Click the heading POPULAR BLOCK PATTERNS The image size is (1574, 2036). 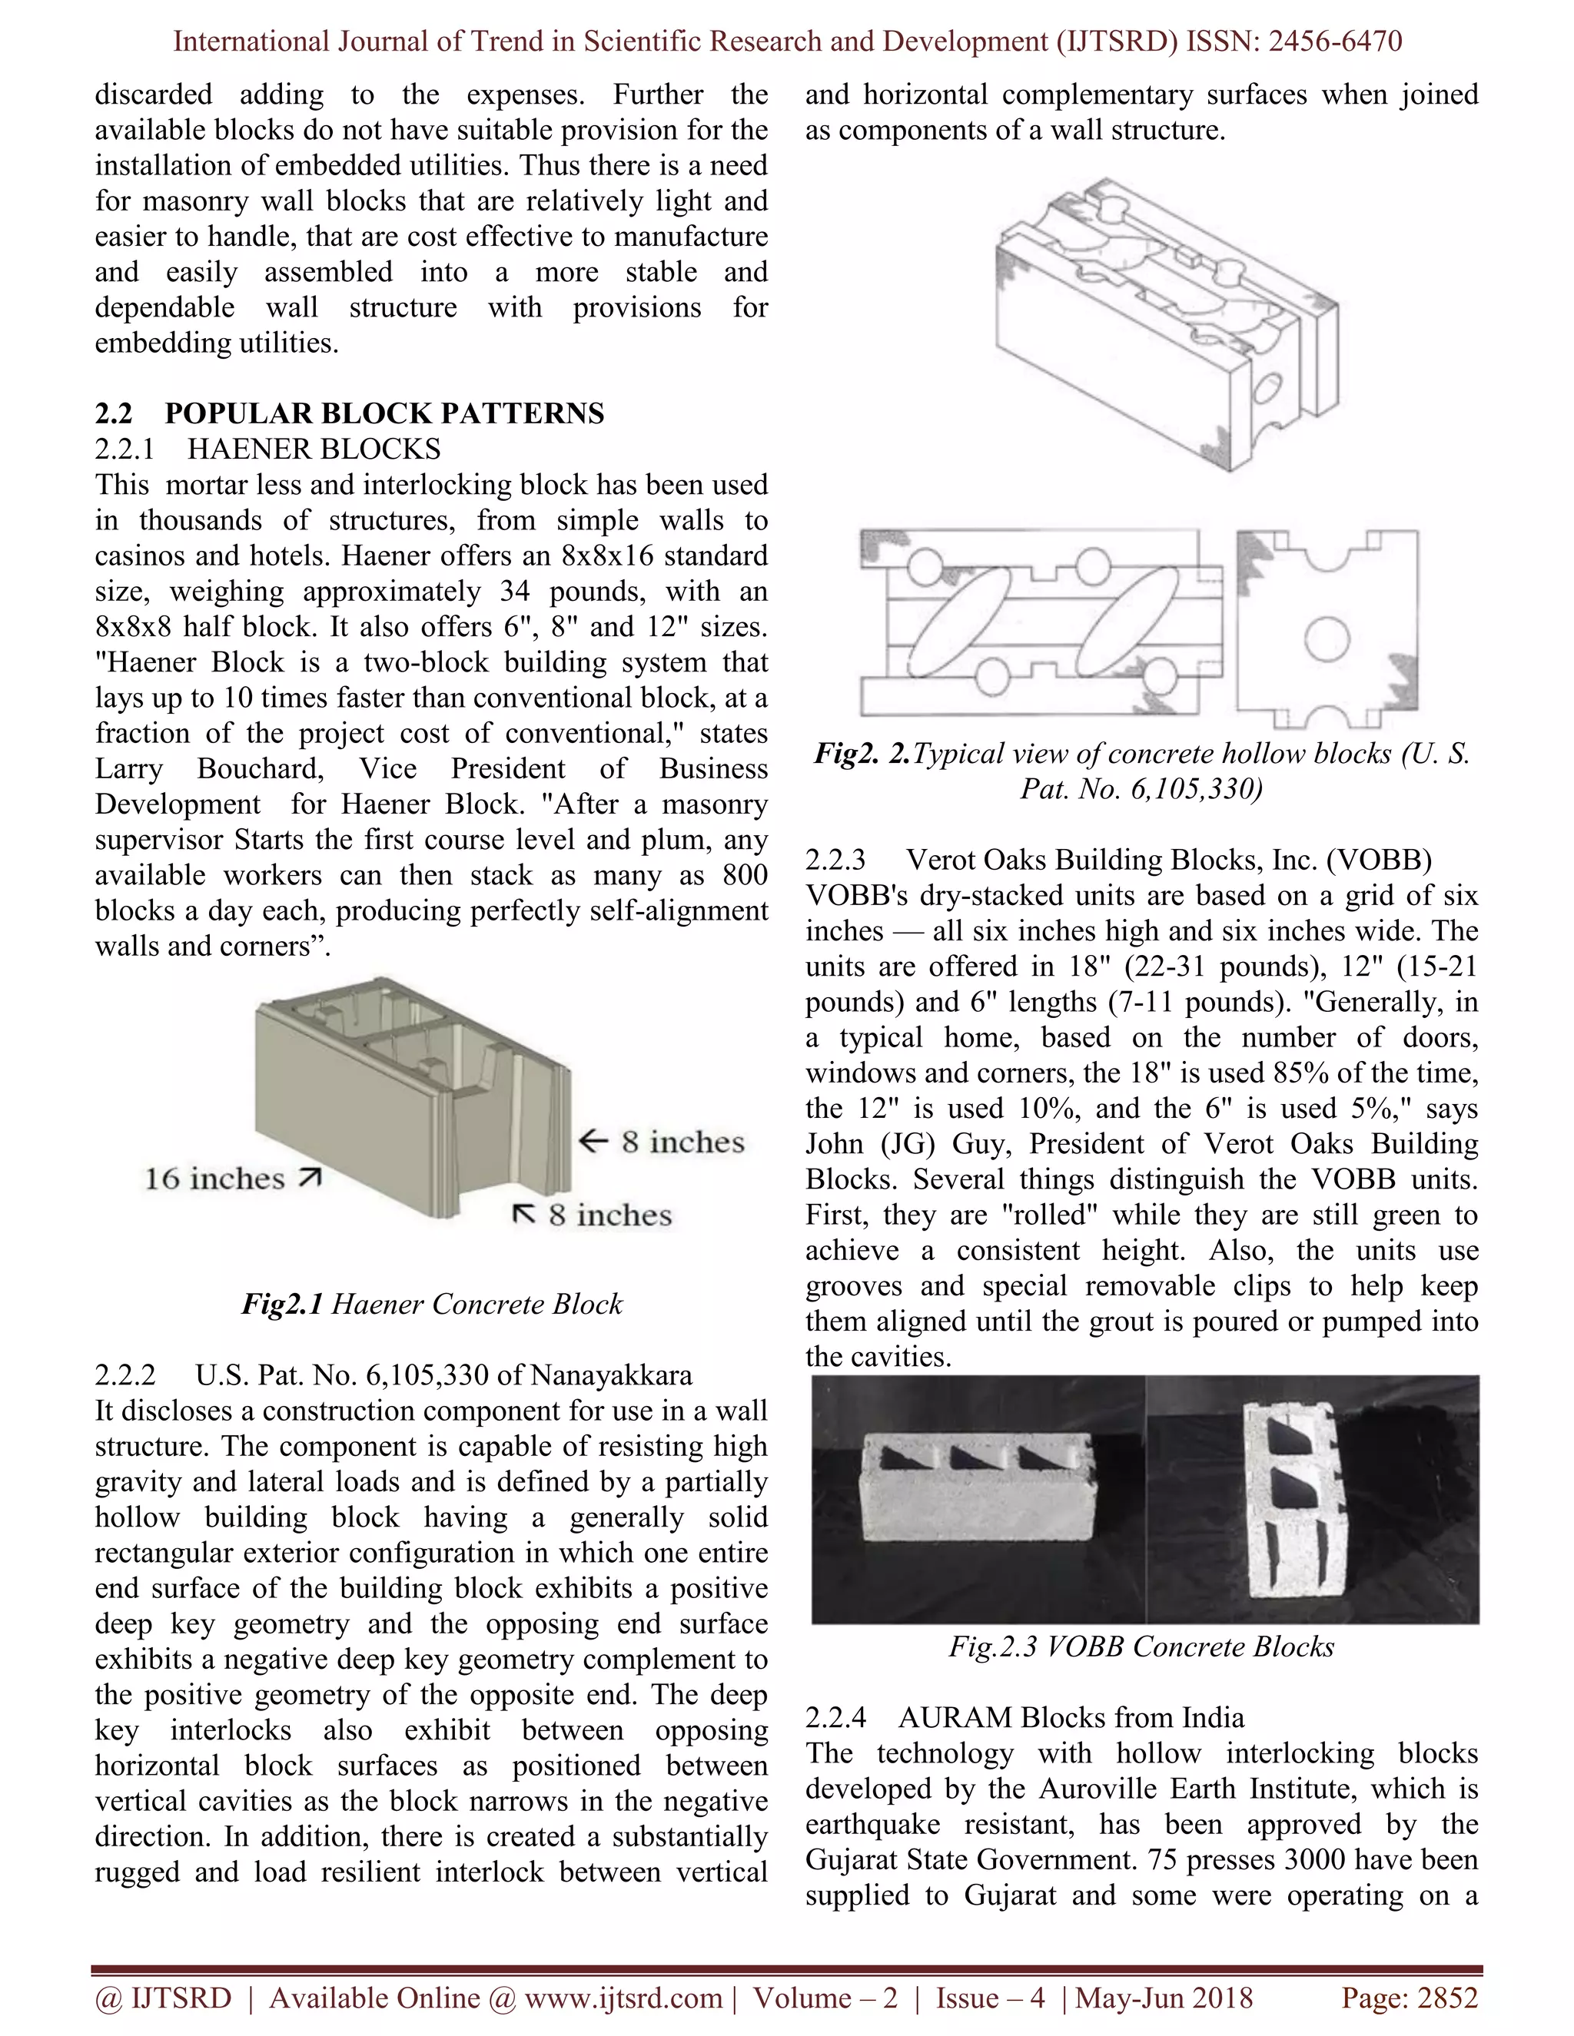[x=384, y=413]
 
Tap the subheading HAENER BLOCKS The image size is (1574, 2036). [x=314, y=449]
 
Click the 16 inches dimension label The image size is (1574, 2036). [x=214, y=1179]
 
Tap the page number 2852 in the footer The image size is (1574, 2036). [x=1446, y=1998]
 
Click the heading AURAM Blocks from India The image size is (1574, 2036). [x=1071, y=1717]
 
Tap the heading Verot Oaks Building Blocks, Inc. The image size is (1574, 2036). [x=1168, y=859]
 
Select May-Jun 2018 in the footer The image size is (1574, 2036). [x=1166, y=1998]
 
